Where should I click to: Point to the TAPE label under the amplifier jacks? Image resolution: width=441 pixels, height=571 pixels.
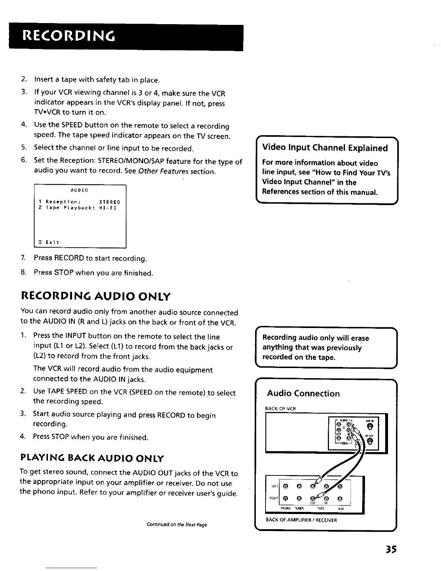click(x=320, y=509)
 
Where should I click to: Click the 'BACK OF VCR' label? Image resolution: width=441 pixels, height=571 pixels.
click(x=280, y=408)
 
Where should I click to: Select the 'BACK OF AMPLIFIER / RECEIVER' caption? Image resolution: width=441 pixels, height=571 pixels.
click(x=301, y=520)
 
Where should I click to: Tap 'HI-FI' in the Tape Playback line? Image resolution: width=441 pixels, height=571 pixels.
click(x=108, y=208)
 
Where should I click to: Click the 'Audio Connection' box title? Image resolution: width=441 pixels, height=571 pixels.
click(x=303, y=393)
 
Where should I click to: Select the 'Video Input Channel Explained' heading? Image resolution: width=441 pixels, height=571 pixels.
click(x=325, y=148)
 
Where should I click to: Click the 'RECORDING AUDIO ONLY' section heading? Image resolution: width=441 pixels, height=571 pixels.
click(x=95, y=297)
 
